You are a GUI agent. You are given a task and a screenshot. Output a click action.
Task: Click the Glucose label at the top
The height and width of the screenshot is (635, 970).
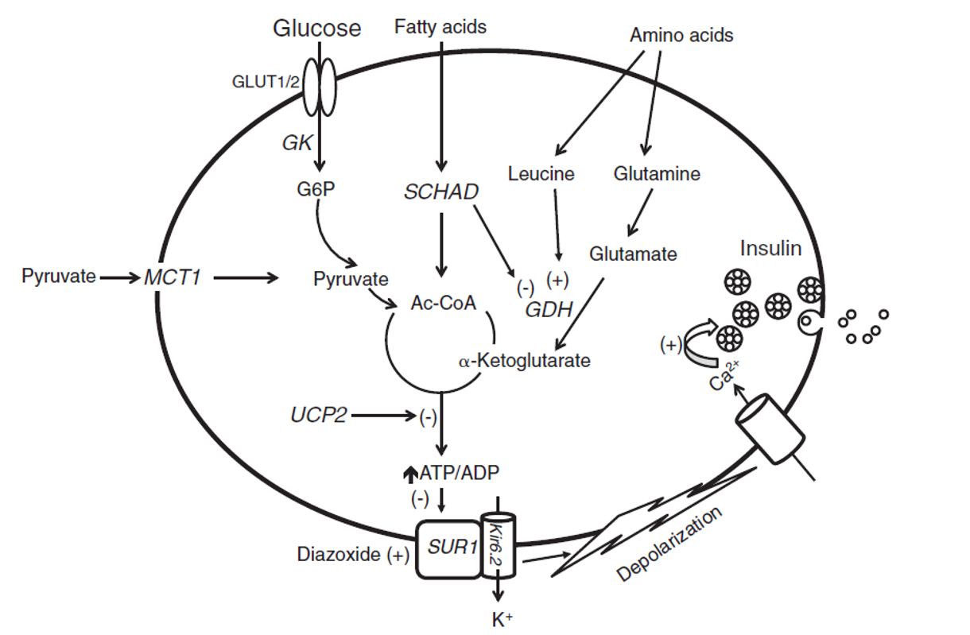[317, 29]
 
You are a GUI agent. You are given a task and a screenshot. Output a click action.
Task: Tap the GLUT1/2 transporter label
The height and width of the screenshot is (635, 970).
[266, 82]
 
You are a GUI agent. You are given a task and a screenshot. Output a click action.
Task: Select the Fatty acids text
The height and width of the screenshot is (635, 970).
[440, 27]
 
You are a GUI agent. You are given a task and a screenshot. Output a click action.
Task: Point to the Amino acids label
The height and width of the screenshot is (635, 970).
[681, 35]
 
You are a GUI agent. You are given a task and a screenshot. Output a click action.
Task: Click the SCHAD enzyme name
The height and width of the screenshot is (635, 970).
[441, 192]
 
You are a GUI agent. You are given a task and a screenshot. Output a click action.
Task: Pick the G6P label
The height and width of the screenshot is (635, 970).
[316, 189]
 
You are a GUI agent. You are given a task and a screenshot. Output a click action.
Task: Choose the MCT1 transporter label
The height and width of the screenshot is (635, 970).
[173, 277]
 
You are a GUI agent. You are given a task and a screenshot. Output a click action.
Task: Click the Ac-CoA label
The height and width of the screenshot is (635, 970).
[444, 303]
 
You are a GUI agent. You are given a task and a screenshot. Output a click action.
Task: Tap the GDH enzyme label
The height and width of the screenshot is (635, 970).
[549, 309]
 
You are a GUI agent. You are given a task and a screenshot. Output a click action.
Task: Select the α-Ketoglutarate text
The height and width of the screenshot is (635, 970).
[525, 361]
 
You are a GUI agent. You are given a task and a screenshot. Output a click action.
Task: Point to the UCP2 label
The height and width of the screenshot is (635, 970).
[319, 415]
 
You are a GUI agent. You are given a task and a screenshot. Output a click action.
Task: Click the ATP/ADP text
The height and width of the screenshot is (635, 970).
[459, 473]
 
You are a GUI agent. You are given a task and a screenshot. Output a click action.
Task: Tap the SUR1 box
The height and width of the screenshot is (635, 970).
[448, 549]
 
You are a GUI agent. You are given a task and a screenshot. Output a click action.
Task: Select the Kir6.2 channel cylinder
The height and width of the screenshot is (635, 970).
[499, 545]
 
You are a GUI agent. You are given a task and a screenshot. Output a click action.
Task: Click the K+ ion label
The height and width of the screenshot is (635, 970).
[502, 620]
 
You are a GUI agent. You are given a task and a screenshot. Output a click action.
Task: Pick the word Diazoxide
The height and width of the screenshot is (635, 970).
[338, 555]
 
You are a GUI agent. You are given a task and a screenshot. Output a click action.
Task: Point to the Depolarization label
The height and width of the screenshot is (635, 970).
[669, 544]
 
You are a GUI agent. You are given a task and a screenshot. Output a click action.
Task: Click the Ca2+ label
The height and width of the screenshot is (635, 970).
[724, 376]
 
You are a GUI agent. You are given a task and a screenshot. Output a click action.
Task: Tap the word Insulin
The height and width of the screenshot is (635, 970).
[770, 249]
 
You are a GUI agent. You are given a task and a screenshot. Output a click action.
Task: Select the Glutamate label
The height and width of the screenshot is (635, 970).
[633, 254]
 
